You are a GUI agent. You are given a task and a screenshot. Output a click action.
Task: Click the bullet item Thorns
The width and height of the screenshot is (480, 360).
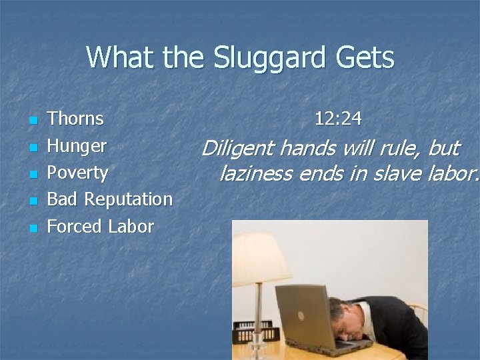[x=75, y=119]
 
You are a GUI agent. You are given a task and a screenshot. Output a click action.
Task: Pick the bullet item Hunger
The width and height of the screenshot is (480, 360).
[x=77, y=146]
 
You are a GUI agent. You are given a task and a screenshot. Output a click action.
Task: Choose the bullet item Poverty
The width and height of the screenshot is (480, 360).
[x=77, y=173]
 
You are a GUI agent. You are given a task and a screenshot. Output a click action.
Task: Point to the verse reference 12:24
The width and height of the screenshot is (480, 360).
[x=338, y=119]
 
